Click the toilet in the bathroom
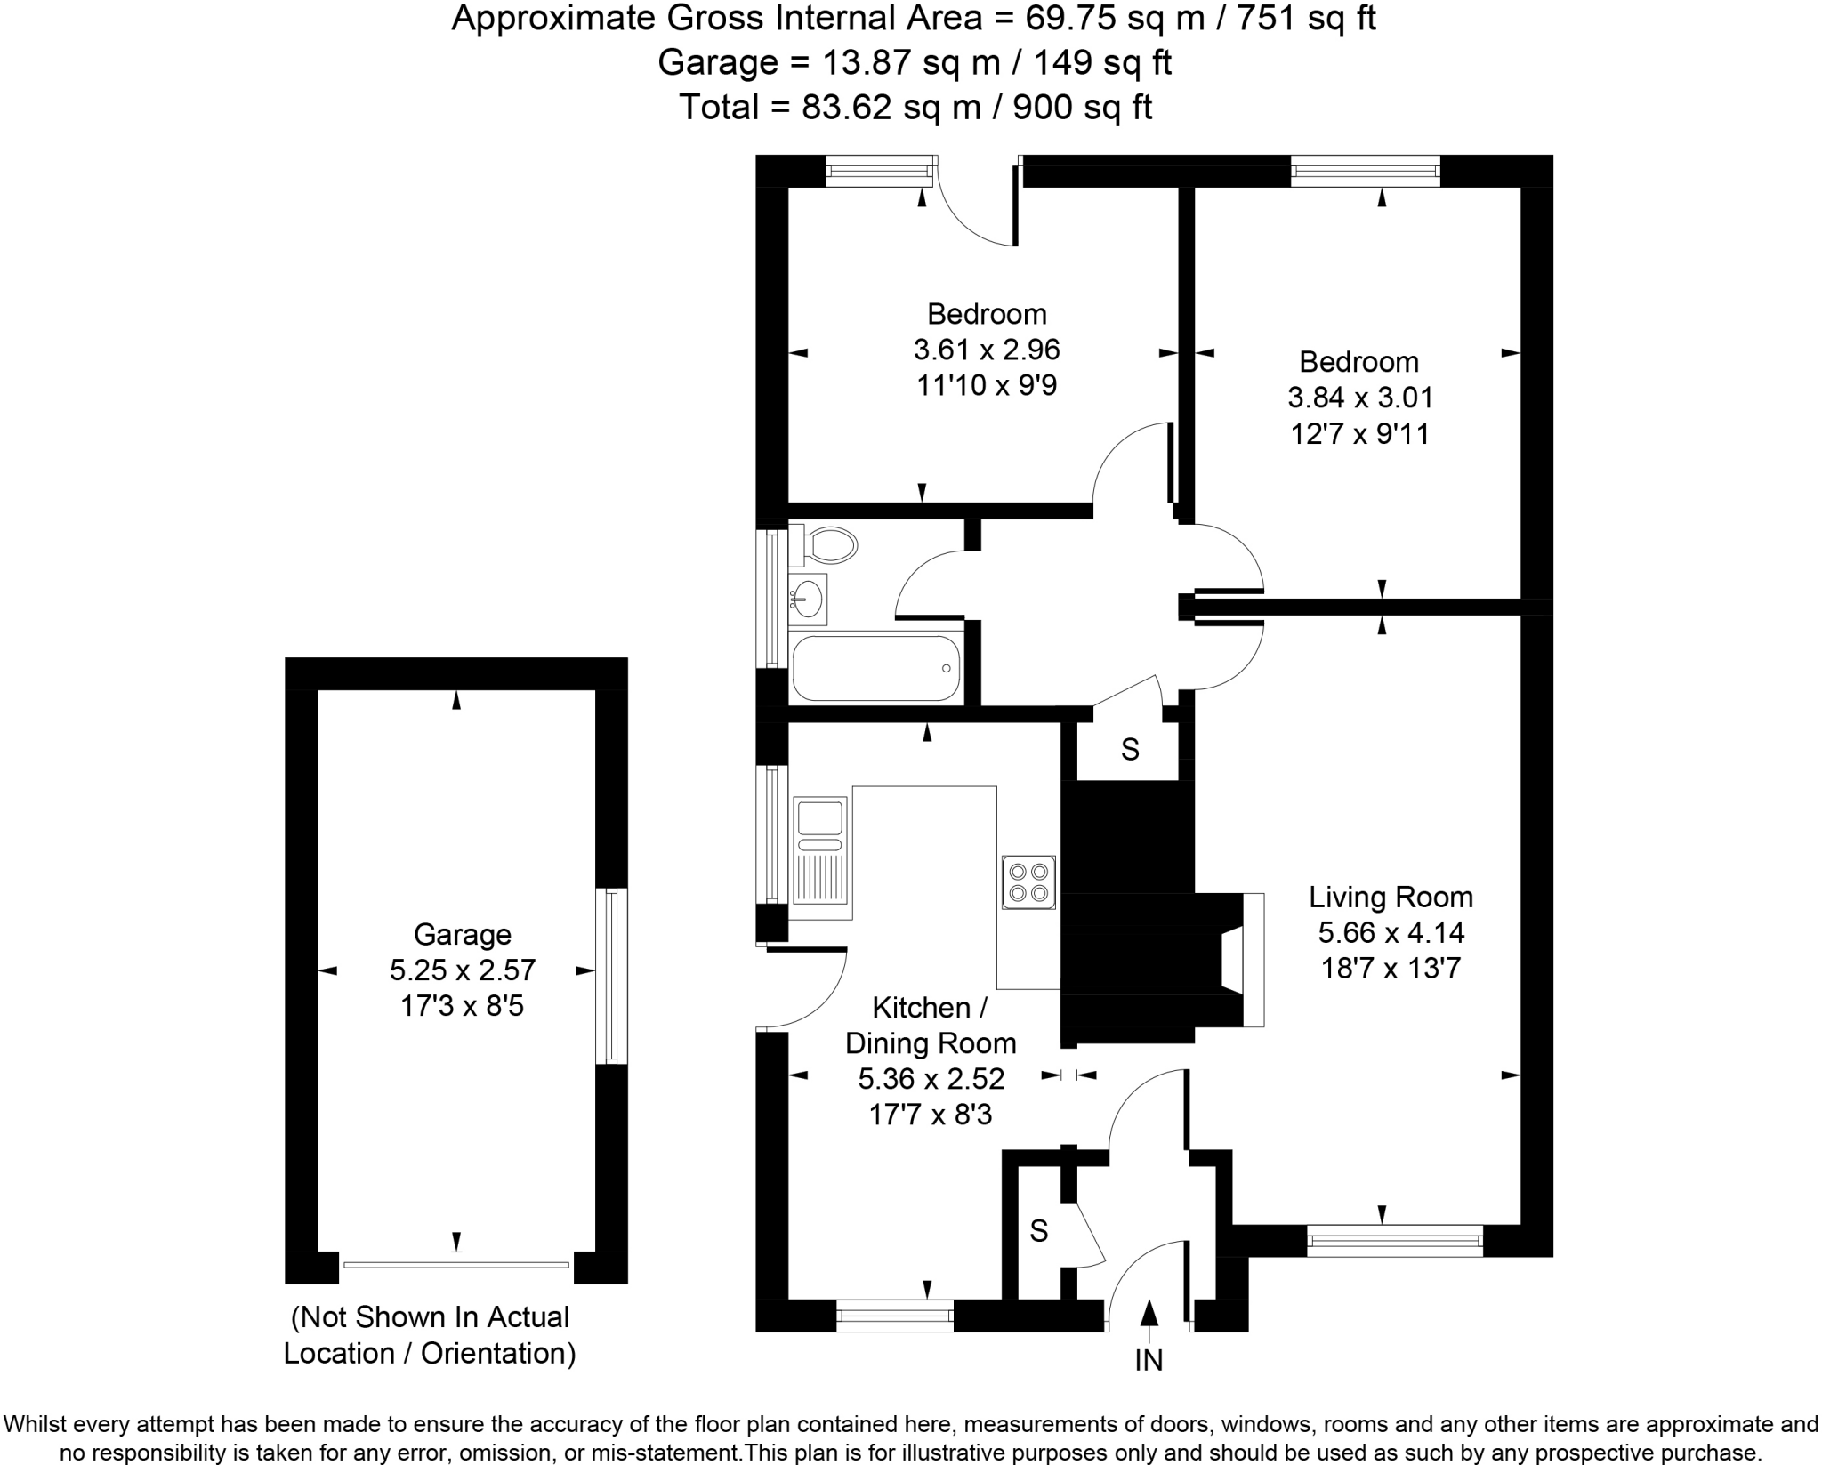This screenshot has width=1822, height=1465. click(x=825, y=544)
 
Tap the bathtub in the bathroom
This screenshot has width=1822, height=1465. click(x=876, y=668)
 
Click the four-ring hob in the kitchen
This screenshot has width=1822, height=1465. click(x=1028, y=881)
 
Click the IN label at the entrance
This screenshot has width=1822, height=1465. click(x=1149, y=1360)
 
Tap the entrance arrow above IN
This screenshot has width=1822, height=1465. click(x=1149, y=1317)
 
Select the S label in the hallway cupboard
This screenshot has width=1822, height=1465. click(x=1130, y=750)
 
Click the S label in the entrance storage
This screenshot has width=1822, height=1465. click(x=1038, y=1230)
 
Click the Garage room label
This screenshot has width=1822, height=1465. click(x=462, y=934)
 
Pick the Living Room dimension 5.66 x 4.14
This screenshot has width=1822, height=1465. click(x=1391, y=932)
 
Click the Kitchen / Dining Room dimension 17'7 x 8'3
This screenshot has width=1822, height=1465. click(x=930, y=1114)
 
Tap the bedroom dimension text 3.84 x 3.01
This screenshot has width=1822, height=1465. click(x=1360, y=397)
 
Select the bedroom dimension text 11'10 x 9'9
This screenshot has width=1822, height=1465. click(x=986, y=385)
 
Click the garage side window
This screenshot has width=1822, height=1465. click(x=611, y=975)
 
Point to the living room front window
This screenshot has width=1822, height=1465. click(x=1394, y=1240)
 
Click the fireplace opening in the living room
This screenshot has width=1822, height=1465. click(x=1233, y=961)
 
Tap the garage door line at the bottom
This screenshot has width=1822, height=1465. click(x=455, y=1264)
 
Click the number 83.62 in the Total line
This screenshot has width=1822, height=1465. click(x=846, y=107)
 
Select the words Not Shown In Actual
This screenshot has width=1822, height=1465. click(x=431, y=1316)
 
